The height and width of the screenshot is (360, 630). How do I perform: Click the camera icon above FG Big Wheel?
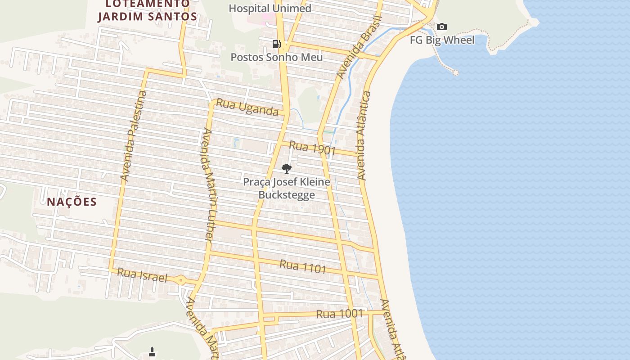[442, 27]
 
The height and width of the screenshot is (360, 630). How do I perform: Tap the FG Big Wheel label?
[442, 40]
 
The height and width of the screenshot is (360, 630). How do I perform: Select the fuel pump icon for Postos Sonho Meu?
[277, 44]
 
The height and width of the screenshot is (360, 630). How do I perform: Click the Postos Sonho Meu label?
[276, 57]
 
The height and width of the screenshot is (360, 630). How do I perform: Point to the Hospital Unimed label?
[270, 8]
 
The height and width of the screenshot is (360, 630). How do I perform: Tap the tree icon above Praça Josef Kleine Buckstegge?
[286, 169]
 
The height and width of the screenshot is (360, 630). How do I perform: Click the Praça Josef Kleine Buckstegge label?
[287, 188]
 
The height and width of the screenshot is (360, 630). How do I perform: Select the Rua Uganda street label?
[247, 107]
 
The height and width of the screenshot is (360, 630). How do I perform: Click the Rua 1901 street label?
[312, 148]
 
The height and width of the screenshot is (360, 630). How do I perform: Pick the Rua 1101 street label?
[303, 266]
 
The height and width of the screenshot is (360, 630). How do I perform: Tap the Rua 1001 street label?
[339, 314]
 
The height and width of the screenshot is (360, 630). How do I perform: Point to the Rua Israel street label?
[142, 275]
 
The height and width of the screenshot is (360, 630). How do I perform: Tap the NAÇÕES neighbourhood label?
[72, 202]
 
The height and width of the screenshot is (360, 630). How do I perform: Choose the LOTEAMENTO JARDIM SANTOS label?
[148, 10]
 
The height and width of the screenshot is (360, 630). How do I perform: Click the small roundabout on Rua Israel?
[181, 280]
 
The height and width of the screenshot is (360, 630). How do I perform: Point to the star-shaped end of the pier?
[455, 72]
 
